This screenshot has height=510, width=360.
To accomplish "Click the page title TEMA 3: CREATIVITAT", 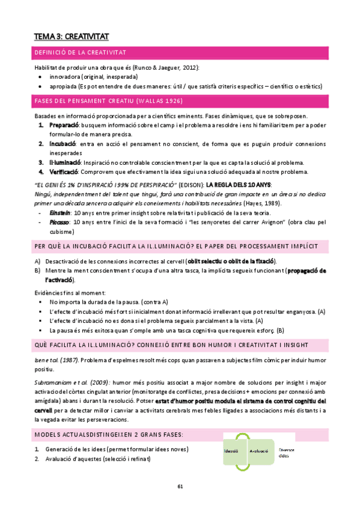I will pos(71,37).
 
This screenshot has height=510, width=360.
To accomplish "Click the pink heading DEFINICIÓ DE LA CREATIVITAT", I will pos(79,55).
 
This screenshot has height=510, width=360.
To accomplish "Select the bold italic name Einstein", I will pos(59,213).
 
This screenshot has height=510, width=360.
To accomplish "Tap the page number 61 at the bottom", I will pos(180,486).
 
